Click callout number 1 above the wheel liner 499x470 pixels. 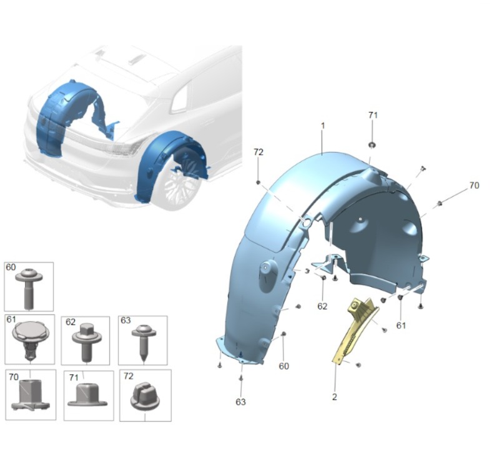(323, 126)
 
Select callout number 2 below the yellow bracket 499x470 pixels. (334, 397)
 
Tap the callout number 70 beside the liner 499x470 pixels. (474, 186)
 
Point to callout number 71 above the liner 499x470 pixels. (373, 115)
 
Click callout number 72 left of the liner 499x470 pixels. (259, 152)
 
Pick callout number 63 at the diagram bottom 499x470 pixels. (240, 402)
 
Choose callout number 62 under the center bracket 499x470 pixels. (322, 306)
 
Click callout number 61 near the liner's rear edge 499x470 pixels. (401, 326)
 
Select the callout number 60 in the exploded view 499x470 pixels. (284, 366)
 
